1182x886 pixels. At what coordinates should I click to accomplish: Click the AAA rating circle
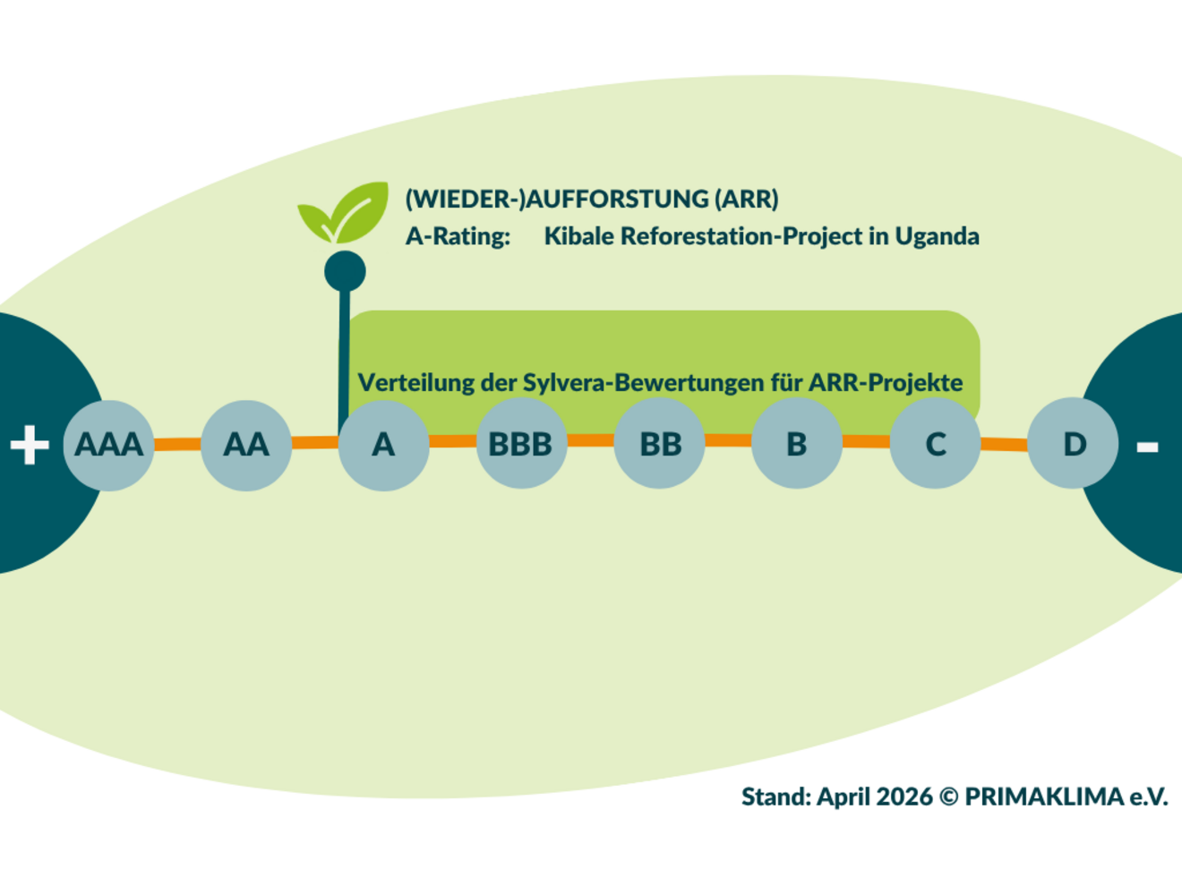coord(108,445)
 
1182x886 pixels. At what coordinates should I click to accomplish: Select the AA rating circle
coord(246,445)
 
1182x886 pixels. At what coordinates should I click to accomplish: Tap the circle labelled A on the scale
coord(383,445)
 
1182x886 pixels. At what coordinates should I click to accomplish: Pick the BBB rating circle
coord(521,445)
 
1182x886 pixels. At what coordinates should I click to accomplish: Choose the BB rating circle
coord(660,445)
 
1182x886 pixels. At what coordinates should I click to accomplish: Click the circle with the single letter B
coord(797,445)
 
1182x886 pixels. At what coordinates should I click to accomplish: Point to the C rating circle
coord(935,445)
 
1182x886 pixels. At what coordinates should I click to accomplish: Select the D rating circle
coord(1073,443)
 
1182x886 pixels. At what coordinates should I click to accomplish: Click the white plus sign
coord(30,445)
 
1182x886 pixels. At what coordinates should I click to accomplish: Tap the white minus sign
coord(1147,446)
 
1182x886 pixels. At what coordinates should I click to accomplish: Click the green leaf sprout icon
coord(344,212)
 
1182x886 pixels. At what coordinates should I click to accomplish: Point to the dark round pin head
coord(345,271)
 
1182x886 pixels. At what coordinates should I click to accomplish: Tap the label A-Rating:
coord(458,236)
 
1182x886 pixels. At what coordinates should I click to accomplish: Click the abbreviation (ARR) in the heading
coord(746,199)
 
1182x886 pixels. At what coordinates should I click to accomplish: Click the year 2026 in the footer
coord(904,797)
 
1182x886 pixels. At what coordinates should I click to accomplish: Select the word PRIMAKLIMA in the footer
coord(1044,797)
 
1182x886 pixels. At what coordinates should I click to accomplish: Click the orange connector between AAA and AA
coord(177,444)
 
